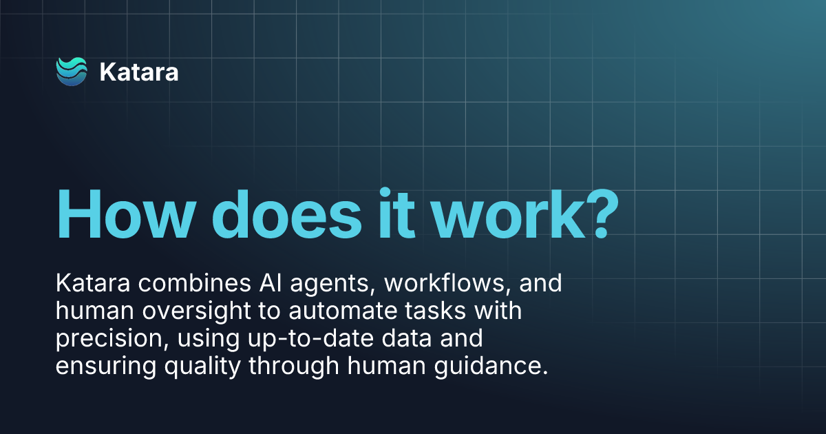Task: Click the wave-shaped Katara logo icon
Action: coord(72,72)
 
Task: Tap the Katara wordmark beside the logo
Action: coord(139,72)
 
